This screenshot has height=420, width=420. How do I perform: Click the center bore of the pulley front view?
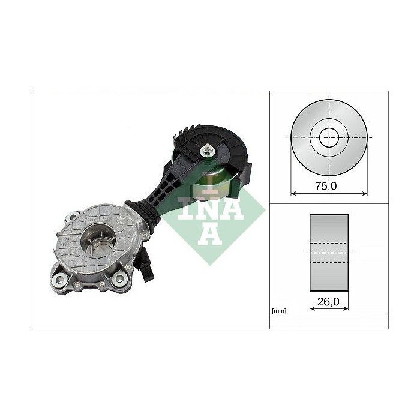tap(328, 137)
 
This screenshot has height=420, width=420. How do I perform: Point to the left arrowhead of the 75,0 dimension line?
tap(293, 193)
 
